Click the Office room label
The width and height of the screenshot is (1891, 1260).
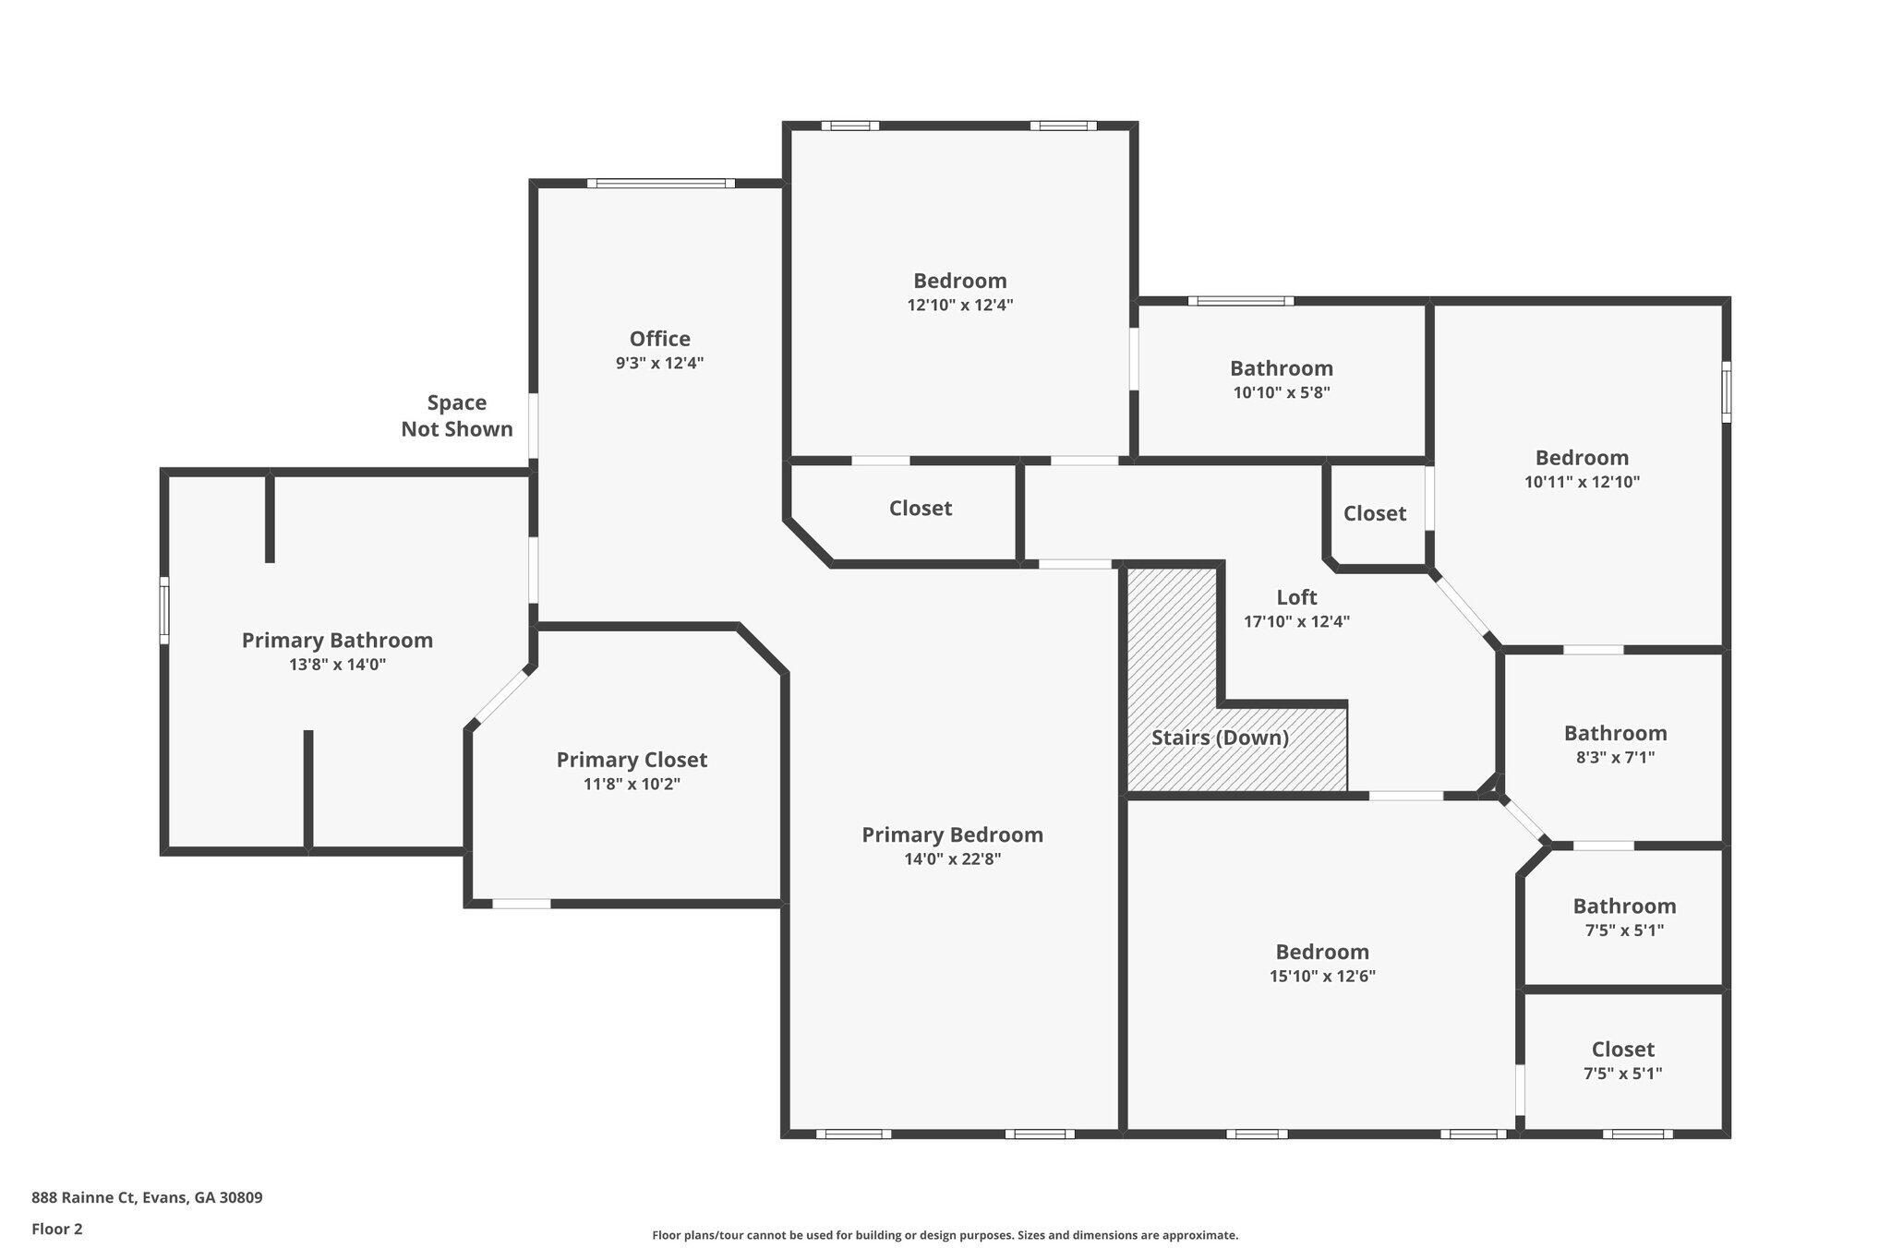[x=659, y=339]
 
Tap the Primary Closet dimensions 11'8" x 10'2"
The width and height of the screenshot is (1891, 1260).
[x=632, y=785]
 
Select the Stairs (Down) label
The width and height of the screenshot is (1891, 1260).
[x=1220, y=738]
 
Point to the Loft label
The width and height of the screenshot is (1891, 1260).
[x=1296, y=597]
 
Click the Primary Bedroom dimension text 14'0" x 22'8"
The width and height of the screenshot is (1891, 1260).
[x=952, y=859]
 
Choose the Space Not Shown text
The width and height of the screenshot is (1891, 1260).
[x=457, y=415]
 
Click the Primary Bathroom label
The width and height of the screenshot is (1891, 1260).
[x=337, y=641]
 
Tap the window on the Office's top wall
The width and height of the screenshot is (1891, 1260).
[x=661, y=183]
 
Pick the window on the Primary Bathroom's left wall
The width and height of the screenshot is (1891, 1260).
[x=164, y=610]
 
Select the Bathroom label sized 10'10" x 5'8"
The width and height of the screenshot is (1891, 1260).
[x=1281, y=368]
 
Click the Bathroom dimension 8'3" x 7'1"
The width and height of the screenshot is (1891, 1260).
[x=1615, y=758]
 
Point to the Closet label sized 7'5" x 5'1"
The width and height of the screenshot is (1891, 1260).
[x=1622, y=1050]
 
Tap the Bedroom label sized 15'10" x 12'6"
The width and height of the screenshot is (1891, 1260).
[x=1322, y=952]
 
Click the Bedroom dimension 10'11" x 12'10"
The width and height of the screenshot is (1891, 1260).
[x=1582, y=482]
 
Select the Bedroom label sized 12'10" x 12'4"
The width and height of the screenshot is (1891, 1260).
[x=960, y=281]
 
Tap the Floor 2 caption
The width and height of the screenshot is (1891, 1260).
[x=57, y=1229]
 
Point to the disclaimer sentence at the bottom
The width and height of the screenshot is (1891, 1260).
[x=945, y=1235]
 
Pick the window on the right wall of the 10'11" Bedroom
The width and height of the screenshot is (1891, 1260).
[x=1726, y=392]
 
